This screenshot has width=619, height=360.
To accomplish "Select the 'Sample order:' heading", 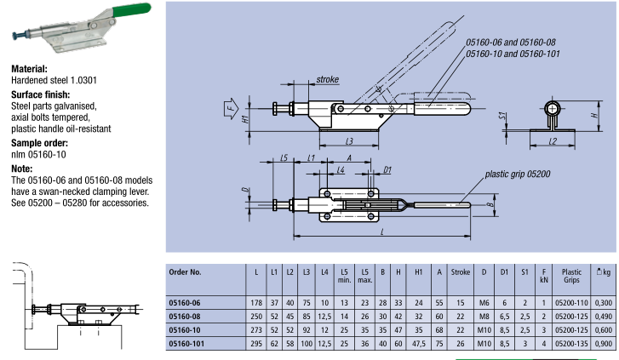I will coord(42,143).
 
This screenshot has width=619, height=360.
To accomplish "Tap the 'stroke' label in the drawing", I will coord(327,79).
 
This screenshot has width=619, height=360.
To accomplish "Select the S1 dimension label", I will coord(503,116).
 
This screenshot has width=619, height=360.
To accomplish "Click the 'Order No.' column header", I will coord(186,273).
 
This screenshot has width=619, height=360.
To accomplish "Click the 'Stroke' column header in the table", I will coord(460,273).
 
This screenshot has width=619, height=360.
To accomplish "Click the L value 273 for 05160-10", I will coord(256,329).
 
